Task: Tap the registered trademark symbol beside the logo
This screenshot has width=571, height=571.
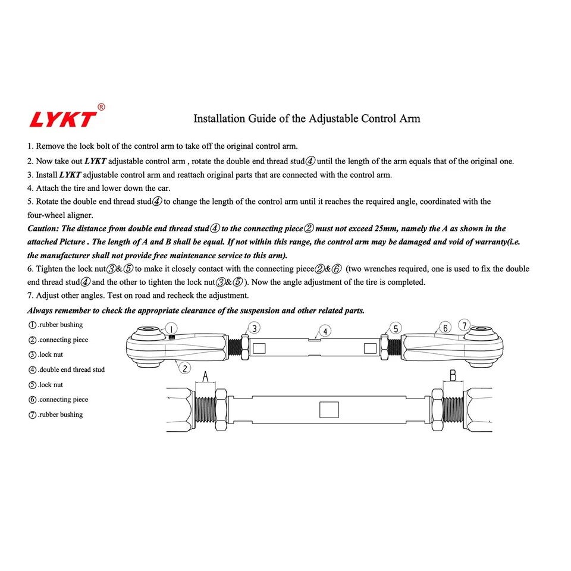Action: tap(101, 107)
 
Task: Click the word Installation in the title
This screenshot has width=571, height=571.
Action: tap(219, 118)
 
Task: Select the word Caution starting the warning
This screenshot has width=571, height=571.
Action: tap(43, 228)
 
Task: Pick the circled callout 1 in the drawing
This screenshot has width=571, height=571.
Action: tap(170, 329)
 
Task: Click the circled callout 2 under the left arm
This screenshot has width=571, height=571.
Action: tap(186, 368)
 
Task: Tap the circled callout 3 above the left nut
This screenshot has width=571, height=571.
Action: tap(253, 328)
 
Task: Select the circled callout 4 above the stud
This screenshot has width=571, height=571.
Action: tap(325, 331)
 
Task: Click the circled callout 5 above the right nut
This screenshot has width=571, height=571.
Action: tap(396, 328)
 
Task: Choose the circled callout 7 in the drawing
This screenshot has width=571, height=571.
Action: tap(464, 325)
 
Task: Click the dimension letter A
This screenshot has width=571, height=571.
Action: tap(205, 376)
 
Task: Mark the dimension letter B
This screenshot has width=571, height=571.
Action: tap(452, 375)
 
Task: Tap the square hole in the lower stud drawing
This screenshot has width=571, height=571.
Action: tap(329, 410)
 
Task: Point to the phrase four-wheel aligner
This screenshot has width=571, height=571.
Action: tap(60, 215)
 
